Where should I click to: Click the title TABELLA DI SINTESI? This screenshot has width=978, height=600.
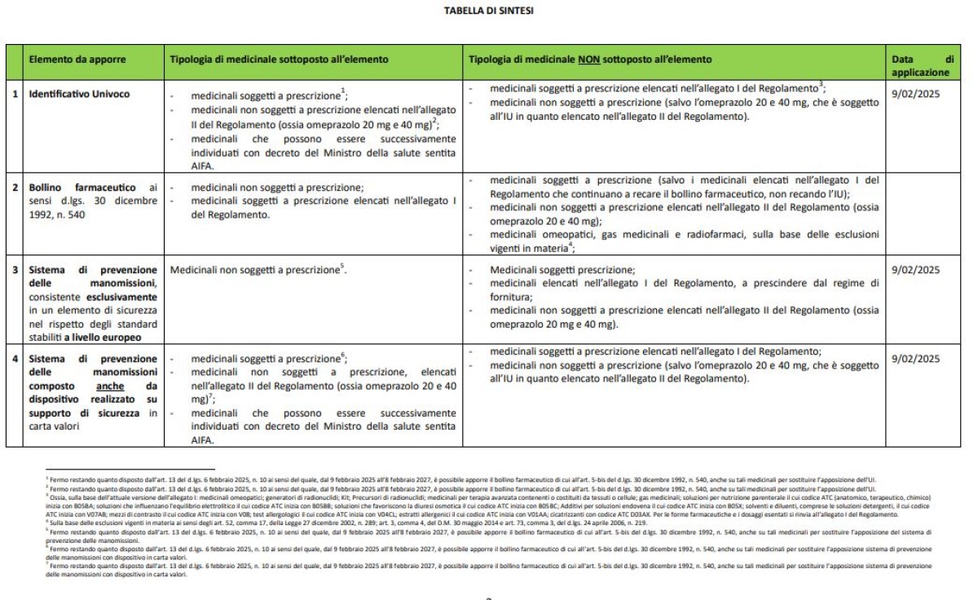click(488, 11)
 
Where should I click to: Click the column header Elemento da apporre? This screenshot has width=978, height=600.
click(72, 60)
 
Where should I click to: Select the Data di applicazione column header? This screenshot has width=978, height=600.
click(921, 65)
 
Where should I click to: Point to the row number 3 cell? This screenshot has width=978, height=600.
click(15, 270)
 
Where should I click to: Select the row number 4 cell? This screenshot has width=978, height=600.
click(15, 359)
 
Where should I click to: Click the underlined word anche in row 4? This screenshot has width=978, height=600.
click(111, 386)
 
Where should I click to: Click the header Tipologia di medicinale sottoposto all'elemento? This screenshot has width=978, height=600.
click(279, 60)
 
